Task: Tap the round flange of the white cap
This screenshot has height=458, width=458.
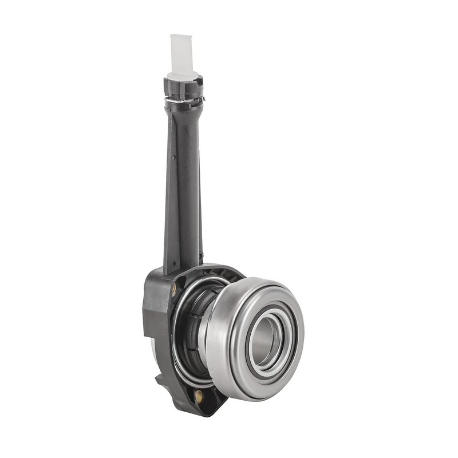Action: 182,75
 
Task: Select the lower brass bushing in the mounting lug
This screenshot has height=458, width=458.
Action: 198,394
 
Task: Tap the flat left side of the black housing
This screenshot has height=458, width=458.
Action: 150,321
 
